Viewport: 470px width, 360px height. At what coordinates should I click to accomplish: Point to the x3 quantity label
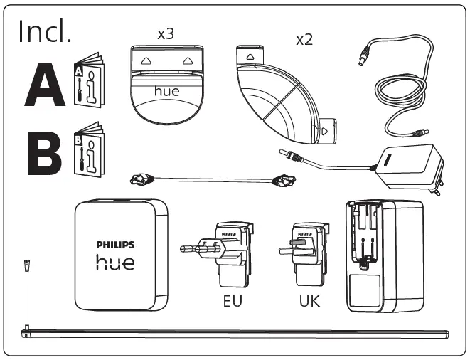165,34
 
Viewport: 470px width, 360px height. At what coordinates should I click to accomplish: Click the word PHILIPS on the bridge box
114,245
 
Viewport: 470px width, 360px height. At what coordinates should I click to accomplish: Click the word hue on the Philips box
114,263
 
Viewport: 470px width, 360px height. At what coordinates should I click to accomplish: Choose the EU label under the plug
232,301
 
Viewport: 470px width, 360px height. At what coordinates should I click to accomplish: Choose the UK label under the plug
309,301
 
